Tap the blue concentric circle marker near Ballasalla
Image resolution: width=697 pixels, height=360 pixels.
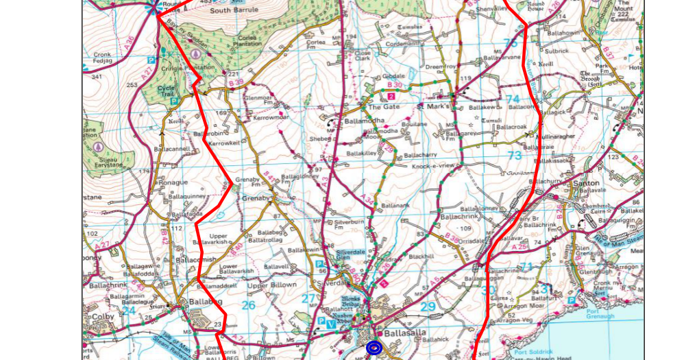tap(374, 348)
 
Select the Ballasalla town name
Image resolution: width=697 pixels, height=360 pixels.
tap(406, 333)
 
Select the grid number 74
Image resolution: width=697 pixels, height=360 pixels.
tap(513, 99)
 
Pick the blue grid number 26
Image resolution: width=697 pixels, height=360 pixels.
tap(248, 304)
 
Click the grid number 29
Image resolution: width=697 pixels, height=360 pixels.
tap(428, 307)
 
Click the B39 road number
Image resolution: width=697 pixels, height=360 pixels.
tap(236, 83)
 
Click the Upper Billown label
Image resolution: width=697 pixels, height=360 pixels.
tap(272, 285)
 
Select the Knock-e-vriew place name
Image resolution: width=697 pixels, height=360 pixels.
tap(433, 165)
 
